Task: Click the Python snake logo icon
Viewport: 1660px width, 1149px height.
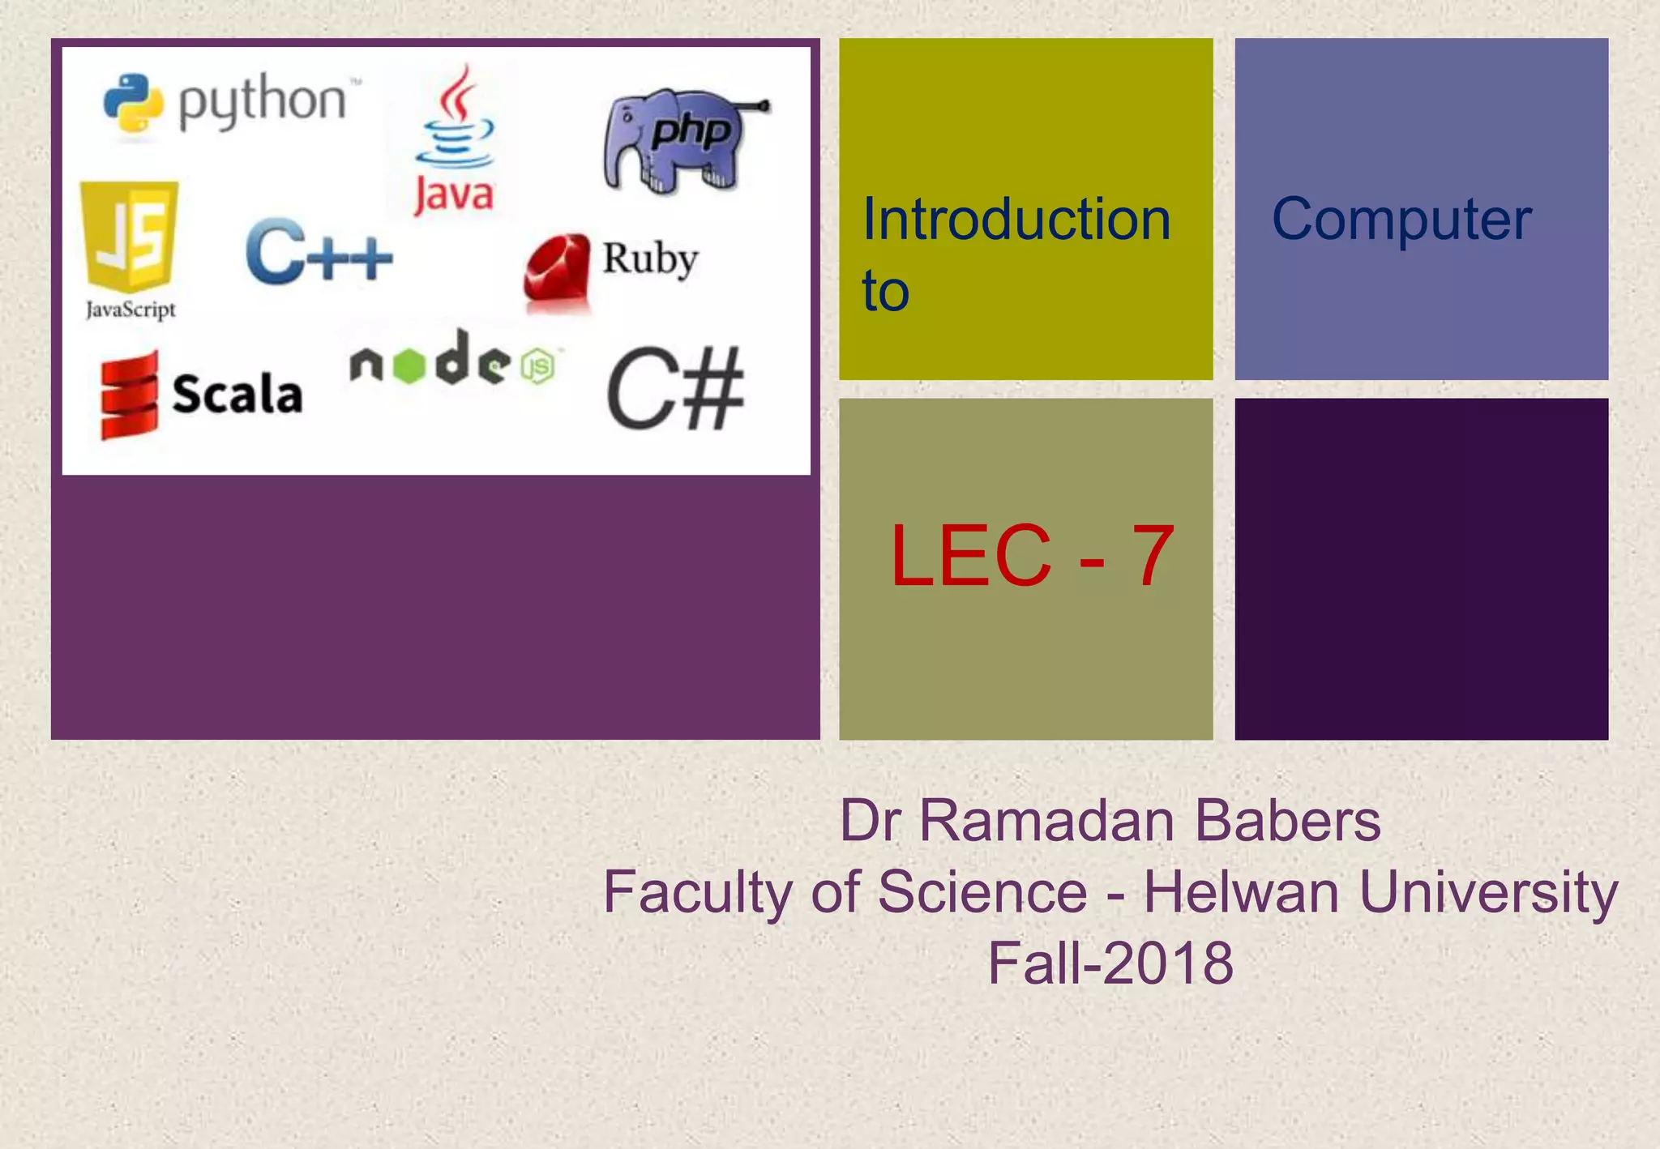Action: (x=133, y=103)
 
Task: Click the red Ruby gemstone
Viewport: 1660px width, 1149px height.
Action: (x=558, y=271)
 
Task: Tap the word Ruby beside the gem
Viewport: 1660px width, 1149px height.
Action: (x=649, y=259)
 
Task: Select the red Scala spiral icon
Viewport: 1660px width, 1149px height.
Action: (x=129, y=395)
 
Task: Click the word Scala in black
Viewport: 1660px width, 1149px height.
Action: (x=237, y=395)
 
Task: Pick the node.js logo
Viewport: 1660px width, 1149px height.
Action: (x=452, y=361)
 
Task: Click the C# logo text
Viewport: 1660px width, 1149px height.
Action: (x=674, y=390)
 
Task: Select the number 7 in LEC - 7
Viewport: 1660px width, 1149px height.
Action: (x=1153, y=556)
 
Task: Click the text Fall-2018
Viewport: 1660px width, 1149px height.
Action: (x=1110, y=963)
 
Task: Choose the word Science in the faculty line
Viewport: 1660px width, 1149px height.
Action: (x=982, y=892)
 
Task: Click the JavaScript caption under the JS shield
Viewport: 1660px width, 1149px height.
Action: (x=130, y=310)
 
